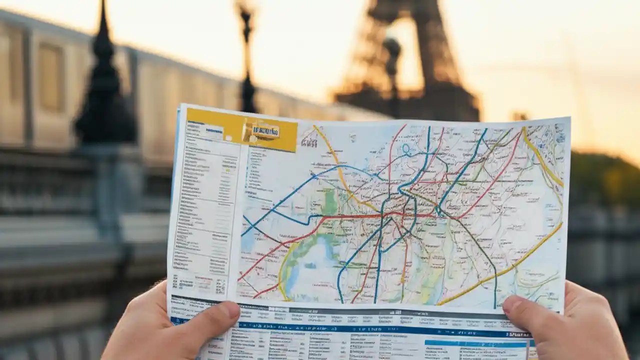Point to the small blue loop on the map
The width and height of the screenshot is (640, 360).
[x=405, y=148]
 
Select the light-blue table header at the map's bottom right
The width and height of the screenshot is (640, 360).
[x=475, y=344]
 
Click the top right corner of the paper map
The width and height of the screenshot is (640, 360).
[x=569, y=119]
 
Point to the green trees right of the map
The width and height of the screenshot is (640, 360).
[x=605, y=175]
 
